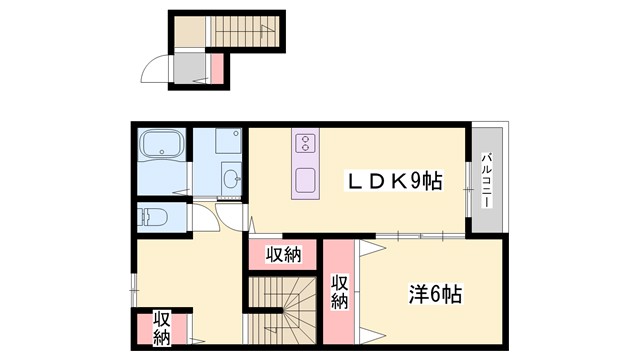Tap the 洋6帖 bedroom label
click(435, 296)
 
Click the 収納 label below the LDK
click(282, 254)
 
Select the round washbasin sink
click(232, 179)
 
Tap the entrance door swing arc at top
click(155, 69)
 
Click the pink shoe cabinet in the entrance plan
click(217, 68)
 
